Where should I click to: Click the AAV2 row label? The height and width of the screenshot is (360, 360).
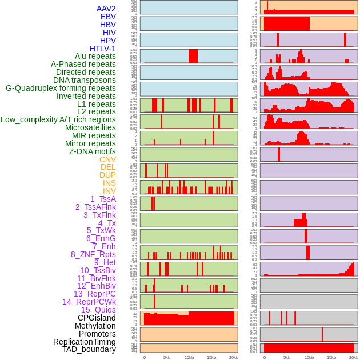[106, 9]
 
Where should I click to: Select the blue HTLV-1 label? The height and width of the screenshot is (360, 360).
[103, 49]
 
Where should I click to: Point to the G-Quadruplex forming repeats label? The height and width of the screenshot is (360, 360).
[61, 88]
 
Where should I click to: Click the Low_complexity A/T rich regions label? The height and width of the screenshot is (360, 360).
[58, 119]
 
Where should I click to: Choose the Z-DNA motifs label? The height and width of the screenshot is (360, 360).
[93, 151]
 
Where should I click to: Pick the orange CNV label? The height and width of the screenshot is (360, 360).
[107, 159]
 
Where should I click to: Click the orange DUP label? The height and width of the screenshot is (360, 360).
[107, 175]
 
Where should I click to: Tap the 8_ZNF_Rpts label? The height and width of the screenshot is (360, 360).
[93, 254]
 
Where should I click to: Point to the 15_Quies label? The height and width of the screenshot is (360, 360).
[98, 310]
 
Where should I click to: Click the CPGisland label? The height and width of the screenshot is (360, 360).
[97, 318]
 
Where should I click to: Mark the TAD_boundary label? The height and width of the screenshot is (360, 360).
[89, 349]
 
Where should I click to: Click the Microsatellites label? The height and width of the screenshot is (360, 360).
[90, 127]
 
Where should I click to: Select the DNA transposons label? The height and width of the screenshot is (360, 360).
[85, 80]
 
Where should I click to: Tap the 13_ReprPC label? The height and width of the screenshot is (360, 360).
[94, 294]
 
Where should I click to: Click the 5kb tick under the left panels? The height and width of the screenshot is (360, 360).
[166, 357]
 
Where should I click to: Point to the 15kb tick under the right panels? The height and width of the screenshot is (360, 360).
[331, 357]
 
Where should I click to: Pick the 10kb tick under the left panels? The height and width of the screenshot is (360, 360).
[189, 357]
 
